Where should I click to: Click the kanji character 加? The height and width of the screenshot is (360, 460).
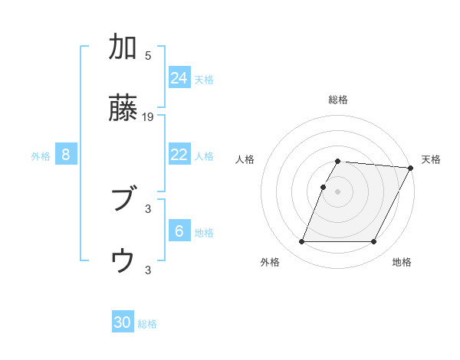123,47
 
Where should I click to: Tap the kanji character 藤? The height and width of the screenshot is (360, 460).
123,109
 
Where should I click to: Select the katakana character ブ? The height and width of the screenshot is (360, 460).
123,201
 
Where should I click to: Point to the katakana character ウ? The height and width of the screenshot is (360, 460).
123,262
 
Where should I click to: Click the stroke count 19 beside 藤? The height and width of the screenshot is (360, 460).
149,117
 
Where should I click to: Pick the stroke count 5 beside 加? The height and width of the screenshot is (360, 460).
148,56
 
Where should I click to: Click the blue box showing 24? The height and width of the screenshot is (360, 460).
179,78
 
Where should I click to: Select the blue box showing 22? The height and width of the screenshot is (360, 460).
179,155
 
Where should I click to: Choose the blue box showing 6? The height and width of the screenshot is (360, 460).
179,231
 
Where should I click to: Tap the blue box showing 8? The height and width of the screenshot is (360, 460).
66,155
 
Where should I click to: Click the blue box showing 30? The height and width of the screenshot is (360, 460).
123,323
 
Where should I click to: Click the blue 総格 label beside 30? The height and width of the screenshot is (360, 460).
147,325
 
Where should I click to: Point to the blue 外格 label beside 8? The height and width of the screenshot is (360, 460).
41,156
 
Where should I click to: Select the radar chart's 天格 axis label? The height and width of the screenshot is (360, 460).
431,159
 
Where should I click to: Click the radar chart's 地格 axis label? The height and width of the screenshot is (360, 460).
402,263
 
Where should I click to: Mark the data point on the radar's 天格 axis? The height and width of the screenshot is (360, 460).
411,168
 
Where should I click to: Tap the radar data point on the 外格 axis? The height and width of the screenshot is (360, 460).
302,242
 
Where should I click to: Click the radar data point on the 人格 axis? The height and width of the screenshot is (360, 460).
324,187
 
